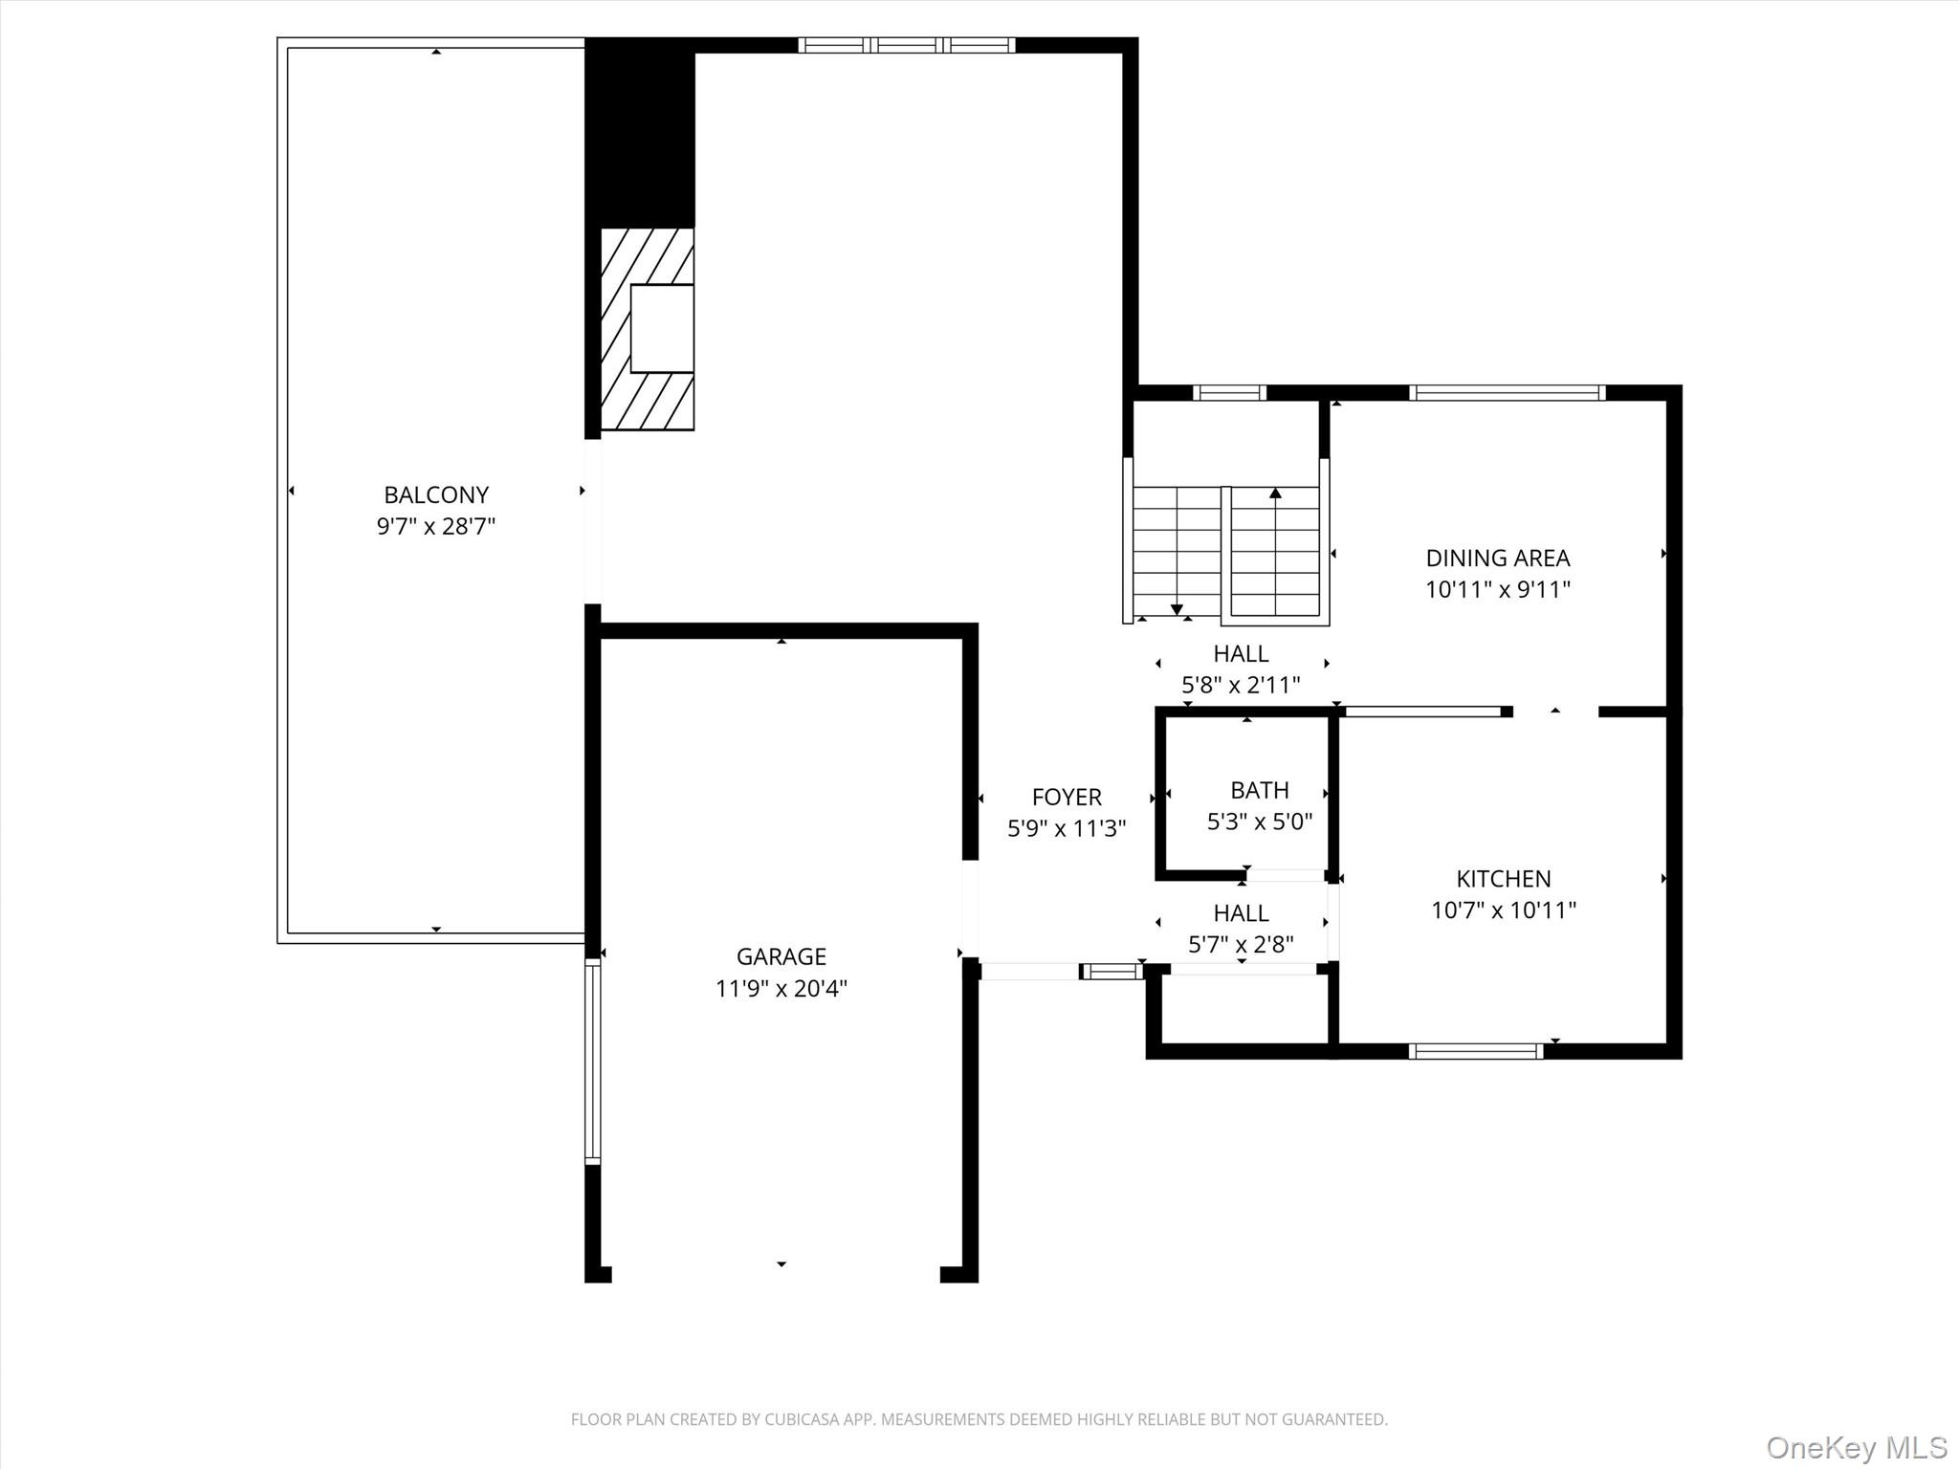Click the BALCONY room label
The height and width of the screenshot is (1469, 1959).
pos(436,494)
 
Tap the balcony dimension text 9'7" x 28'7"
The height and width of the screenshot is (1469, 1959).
pos(436,526)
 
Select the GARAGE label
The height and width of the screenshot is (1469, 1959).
pos(781,956)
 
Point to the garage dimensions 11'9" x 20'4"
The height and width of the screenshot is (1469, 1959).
pos(781,988)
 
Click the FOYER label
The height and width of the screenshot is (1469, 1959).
pos(1067,797)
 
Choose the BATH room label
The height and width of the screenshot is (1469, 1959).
pos(1259,790)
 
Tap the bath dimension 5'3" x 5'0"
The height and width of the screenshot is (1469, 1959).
pos(1259,822)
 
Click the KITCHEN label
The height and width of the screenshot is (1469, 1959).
pos(1503,878)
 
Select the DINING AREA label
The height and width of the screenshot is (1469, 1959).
pos(1497,558)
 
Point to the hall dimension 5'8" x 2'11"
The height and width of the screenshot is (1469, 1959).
pos(1241,685)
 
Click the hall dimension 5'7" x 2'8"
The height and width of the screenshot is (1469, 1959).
pos(1241,945)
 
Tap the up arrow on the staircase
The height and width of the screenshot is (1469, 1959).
pos(1275,493)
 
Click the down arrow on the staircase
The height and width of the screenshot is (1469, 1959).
pos(1177,609)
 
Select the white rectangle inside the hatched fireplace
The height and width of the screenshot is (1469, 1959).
pos(661,328)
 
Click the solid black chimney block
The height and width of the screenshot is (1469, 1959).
pos(639,134)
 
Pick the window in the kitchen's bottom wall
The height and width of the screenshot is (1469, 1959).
pos(1475,1051)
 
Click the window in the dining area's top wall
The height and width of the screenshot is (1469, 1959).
pos(1507,392)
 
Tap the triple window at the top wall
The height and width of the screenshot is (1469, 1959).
pos(906,45)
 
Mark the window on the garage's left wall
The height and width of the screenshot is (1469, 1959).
pos(593,1062)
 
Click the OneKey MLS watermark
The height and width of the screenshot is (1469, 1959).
pos(1856,1447)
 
